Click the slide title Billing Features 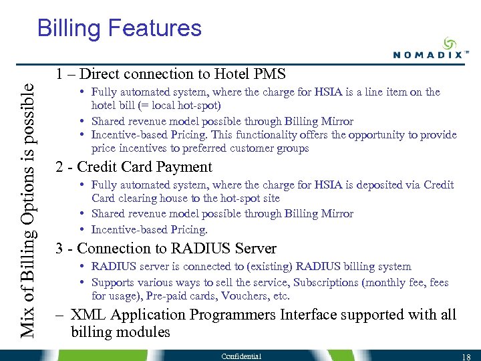click(119, 28)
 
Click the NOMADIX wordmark click(428, 55)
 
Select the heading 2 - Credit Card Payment click(134, 167)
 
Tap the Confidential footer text click(242, 356)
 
